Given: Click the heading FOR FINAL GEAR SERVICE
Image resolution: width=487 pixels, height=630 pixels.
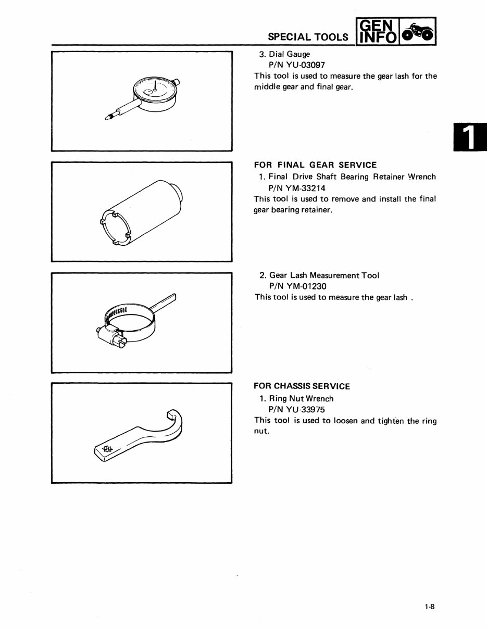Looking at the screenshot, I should pyautogui.click(x=315, y=165).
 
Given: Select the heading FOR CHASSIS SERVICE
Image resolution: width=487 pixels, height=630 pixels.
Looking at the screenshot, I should pyautogui.click(x=302, y=386).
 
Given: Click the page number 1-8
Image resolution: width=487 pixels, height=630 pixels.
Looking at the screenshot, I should pyautogui.click(x=430, y=606).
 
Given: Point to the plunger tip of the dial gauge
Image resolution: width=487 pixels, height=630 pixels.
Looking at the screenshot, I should pyautogui.click(x=108, y=119).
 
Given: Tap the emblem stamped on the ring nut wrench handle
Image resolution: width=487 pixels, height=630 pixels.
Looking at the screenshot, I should pyautogui.click(x=108, y=449).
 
